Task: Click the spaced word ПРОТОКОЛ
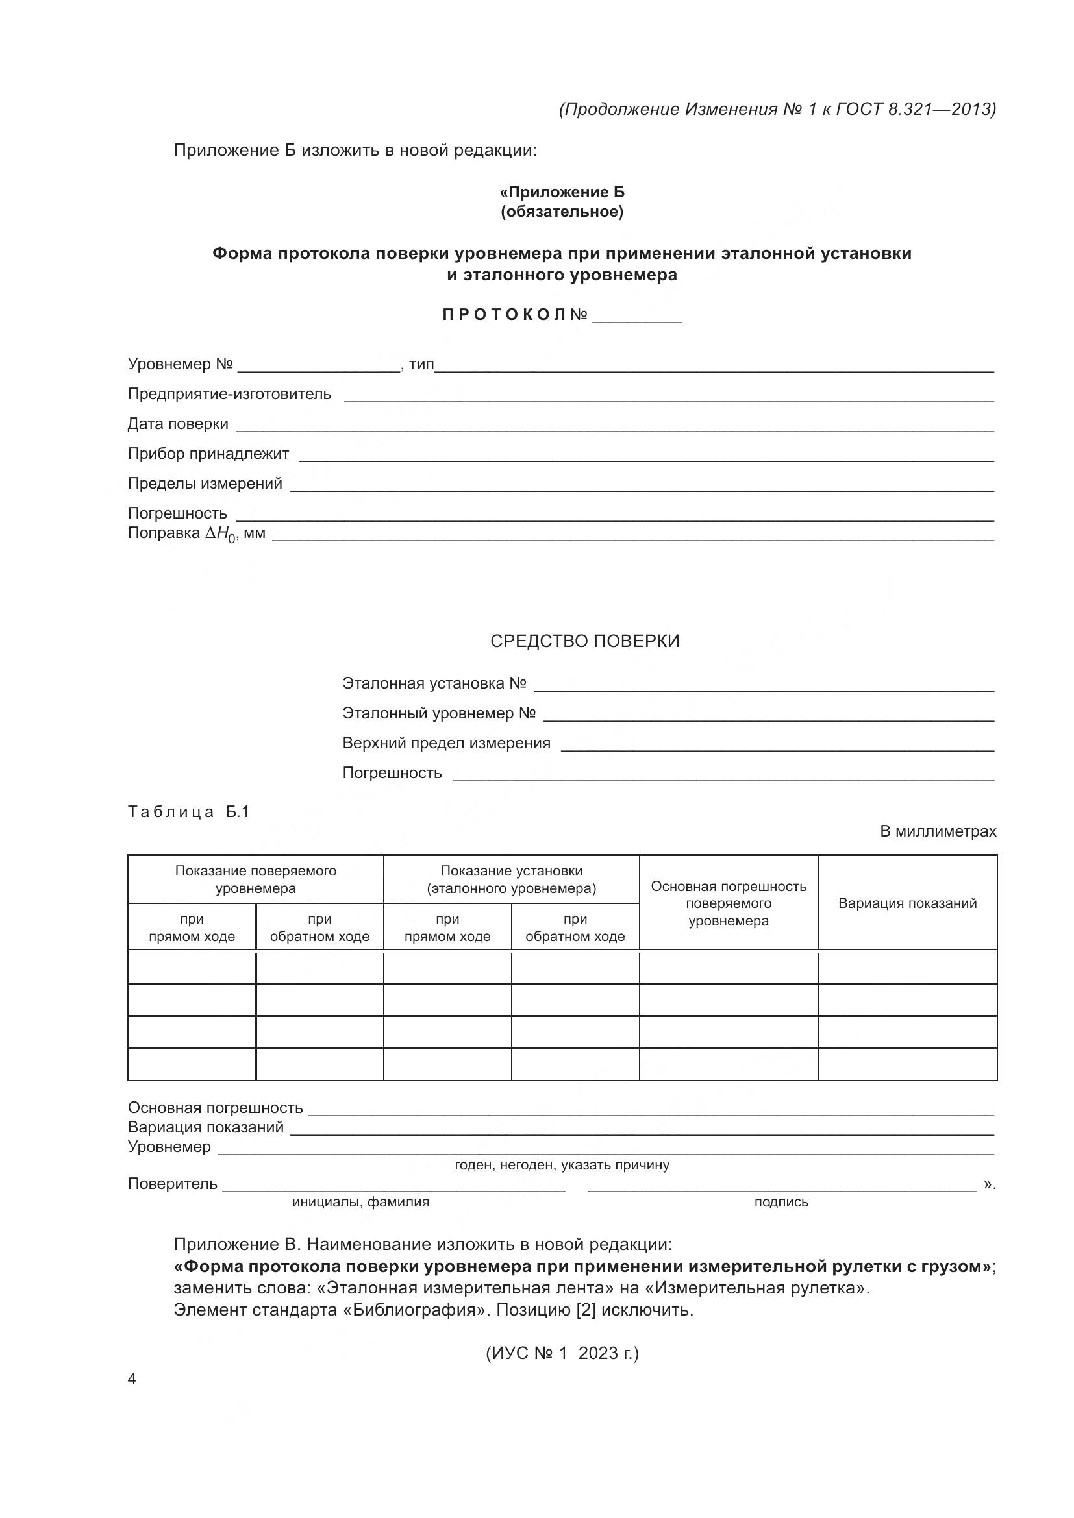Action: [x=504, y=315]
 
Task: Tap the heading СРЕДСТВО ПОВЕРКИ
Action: [x=584, y=641]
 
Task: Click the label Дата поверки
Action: [x=178, y=424]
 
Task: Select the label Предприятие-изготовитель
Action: [x=229, y=394]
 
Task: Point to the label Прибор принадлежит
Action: [x=208, y=454]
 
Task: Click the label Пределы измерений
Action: [x=205, y=484]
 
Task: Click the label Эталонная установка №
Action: [x=434, y=683]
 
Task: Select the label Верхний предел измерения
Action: [x=446, y=742]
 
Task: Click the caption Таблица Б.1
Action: [x=188, y=811]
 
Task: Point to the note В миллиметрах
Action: [x=938, y=831]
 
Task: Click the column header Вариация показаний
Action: [x=907, y=903]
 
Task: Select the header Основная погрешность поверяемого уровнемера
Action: [x=729, y=903]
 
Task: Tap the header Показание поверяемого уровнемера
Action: [x=256, y=879]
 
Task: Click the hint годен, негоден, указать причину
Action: [x=562, y=1165]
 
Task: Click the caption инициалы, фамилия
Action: [x=360, y=1202]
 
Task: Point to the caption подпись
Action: [x=781, y=1202]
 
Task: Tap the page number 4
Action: [x=132, y=1378]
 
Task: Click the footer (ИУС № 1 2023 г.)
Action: [x=562, y=1353]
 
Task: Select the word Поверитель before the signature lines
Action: [x=172, y=1184]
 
